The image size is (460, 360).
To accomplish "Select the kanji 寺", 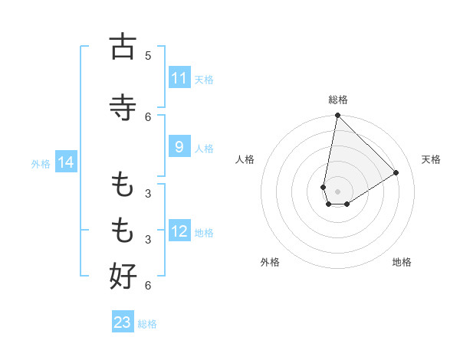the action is click(123, 106).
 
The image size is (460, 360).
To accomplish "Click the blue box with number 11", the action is click(179, 78).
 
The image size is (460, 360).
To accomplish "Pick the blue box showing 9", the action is click(179, 148).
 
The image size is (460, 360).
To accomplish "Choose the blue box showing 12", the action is click(179, 231).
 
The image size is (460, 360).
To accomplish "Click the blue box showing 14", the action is click(66, 162).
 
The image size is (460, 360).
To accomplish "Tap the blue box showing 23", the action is click(123, 322).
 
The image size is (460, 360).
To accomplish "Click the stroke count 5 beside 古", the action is click(148, 56).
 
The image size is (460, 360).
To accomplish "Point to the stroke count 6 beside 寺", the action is click(148, 116).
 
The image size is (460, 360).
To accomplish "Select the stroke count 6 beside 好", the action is click(148, 286).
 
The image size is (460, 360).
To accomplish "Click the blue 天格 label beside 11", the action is click(204, 79).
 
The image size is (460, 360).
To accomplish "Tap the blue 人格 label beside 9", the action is click(204, 149).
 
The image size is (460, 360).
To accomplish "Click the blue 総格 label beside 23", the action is click(147, 323).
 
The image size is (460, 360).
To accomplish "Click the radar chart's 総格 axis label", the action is click(337, 100).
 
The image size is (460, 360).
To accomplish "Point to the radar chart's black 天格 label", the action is click(432, 159).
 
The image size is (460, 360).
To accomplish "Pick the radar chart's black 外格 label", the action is click(270, 262).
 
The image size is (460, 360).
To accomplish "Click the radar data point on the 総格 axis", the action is click(337, 115).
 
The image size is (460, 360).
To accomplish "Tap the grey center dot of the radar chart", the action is click(337, 191).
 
